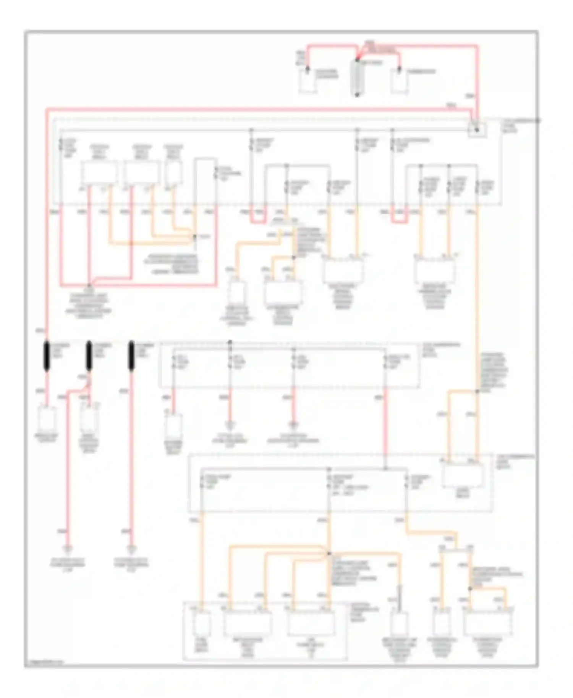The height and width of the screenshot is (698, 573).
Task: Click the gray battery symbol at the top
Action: coord(357,77)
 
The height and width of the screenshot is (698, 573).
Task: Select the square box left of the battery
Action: coord(308,82)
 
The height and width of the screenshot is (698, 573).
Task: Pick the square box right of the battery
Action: coord(399,82)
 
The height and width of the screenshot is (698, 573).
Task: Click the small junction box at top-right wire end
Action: coord(476,130)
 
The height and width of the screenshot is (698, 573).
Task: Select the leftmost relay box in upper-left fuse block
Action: coord(99,173)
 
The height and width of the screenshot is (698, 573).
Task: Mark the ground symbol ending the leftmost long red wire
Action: coord(68,550)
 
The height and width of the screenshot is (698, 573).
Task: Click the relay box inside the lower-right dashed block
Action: coord(463,475)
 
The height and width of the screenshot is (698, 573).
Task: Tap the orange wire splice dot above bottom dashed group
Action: coord(329,553)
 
